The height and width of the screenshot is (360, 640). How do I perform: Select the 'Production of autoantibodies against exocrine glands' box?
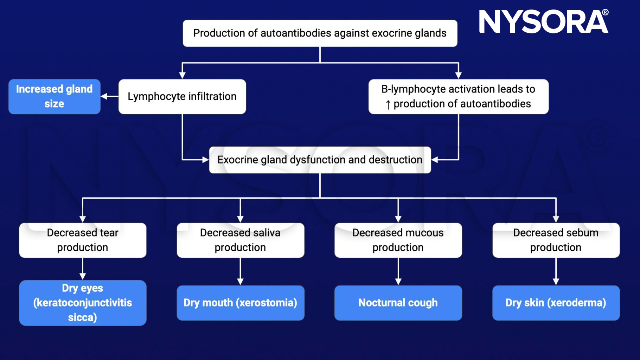click(x=320, y=33)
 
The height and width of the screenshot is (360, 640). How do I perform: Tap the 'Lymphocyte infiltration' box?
click(x=182, y=96)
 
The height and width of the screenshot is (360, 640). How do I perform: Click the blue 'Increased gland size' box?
click(x=54, y=96)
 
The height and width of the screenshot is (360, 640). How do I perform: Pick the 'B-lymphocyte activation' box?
click(x=458, y=96)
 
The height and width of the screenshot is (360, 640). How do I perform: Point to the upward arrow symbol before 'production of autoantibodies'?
click(x=388, y=104)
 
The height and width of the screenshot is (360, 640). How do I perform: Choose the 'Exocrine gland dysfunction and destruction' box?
click(x=320, y=160)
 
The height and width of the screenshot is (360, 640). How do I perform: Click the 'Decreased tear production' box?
click(x=83, y=240)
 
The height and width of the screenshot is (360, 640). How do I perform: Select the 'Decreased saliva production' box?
click(x=240, y=240)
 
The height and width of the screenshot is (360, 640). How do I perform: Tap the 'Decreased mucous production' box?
click(x=398, y=240)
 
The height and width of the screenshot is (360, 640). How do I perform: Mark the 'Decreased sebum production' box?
click(x=556, y=240)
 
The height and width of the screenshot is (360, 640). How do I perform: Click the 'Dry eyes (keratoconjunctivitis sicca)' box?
click(x=83, y=303)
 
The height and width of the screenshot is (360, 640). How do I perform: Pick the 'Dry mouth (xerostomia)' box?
click(x=240, y=303)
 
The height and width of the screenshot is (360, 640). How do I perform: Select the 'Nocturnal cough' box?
click(x=398, y=303)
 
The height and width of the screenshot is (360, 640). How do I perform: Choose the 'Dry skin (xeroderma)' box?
click(x=556, y=303)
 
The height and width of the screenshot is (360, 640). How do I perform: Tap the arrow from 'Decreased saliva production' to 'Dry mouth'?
click(x=240, y=271)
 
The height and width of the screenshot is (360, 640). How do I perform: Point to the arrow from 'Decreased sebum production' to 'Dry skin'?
click(x=556, y=271)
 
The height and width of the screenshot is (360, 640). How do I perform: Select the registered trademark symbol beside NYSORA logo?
click(x=605, y=12)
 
